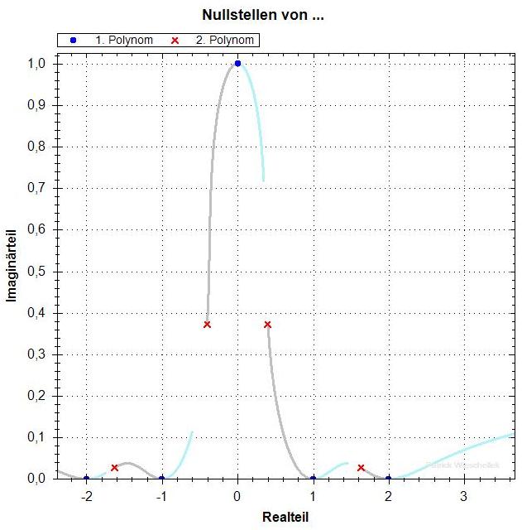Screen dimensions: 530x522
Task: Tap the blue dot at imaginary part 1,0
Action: click(237, 63)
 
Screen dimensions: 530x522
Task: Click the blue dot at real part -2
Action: click(86, 478)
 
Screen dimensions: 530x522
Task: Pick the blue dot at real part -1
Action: click(161, 478)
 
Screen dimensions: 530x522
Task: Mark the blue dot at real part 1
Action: click(313, 478)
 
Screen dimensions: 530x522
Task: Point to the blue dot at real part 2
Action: click(388, 478)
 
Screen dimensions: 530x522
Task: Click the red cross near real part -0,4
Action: click(207, 324)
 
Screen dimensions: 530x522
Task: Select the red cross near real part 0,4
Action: click(267, 324)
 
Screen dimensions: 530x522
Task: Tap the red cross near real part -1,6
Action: click(114, 468)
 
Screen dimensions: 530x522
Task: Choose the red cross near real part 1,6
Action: click(361, 468)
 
